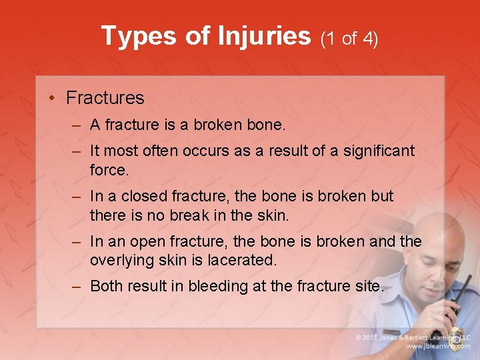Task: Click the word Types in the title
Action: [139, 36]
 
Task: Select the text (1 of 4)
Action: [349, 39]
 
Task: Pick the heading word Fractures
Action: [105, 98]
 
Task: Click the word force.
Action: [109, 170]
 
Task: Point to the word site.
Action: [370, 287]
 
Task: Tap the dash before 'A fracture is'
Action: [77, 125]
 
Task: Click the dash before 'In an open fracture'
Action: [77, 241]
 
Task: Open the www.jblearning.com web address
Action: [437, 346]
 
